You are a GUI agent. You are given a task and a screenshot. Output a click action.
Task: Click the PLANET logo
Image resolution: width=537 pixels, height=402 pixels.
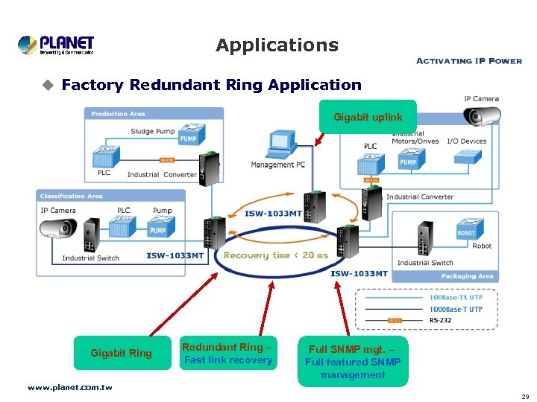(56, 45)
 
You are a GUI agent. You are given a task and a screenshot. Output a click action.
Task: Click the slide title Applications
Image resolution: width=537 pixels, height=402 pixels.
(277, 45)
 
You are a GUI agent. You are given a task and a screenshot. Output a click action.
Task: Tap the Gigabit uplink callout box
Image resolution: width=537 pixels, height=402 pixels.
(367, 117)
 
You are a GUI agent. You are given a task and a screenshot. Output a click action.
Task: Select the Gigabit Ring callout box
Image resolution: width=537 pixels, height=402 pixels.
(121, 353)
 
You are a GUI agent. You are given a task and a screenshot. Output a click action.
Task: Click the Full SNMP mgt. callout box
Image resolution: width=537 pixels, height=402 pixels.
(353, 362)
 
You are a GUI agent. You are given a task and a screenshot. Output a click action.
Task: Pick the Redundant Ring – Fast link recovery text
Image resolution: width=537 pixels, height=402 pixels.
(227, 354)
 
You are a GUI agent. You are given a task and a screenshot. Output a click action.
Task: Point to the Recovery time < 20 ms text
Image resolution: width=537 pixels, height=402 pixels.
(275, 255)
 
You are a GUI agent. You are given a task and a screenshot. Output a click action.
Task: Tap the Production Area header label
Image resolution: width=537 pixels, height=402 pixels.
(118, 114)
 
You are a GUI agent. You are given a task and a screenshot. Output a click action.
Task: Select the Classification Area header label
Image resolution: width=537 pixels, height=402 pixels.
(72, 196)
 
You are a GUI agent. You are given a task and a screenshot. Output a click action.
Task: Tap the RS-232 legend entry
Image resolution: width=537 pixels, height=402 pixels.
(439, 321)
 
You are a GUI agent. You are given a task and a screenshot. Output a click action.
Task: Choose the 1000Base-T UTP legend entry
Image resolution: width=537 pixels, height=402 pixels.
(456, 309)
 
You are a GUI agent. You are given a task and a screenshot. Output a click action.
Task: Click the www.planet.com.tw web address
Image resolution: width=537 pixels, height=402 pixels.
(69, 387)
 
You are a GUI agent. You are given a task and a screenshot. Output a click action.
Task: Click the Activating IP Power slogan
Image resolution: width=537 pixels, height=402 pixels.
(468, 61)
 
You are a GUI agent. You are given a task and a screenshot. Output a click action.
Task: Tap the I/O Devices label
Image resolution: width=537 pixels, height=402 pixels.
(467, 141)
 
